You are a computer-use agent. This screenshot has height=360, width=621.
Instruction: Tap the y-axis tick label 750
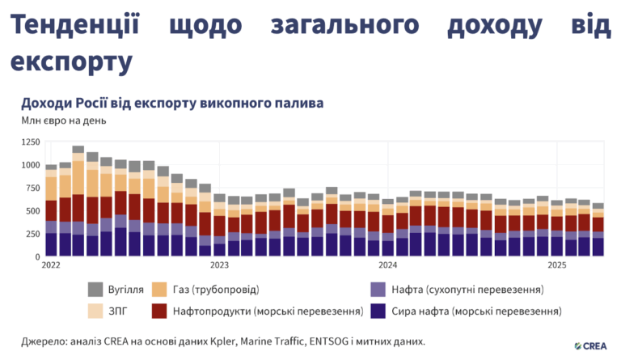32,188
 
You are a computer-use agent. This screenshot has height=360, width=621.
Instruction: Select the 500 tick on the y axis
32,212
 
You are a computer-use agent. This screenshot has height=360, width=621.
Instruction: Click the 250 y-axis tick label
32,235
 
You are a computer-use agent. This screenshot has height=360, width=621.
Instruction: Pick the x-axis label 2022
51,265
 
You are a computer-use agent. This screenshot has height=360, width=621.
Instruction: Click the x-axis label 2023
219,265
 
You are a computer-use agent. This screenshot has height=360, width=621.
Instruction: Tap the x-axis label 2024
387,265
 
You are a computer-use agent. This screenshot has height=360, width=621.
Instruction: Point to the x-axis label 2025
556,265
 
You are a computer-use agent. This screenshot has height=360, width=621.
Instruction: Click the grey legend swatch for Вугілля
95,289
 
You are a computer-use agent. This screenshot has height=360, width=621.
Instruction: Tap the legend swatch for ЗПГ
95,310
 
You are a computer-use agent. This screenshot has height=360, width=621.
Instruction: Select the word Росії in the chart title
96,104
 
